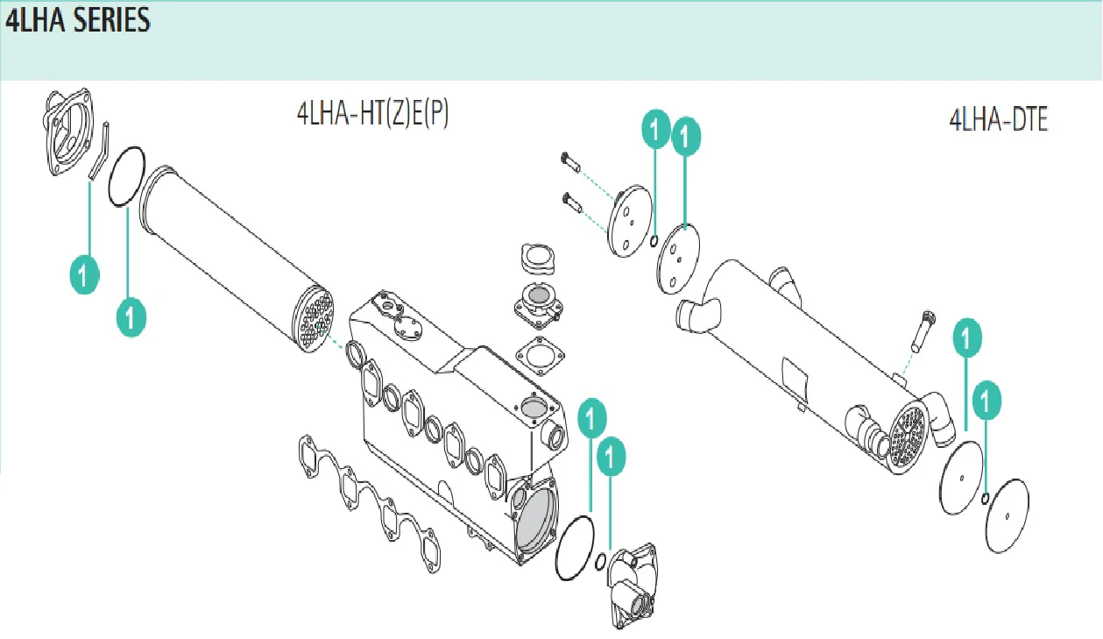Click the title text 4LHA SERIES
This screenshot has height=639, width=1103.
point(78,20)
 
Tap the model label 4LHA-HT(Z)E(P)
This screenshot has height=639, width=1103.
point(372,114)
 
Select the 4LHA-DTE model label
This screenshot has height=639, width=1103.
point(999,120)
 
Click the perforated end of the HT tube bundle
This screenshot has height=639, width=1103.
point(313,318)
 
